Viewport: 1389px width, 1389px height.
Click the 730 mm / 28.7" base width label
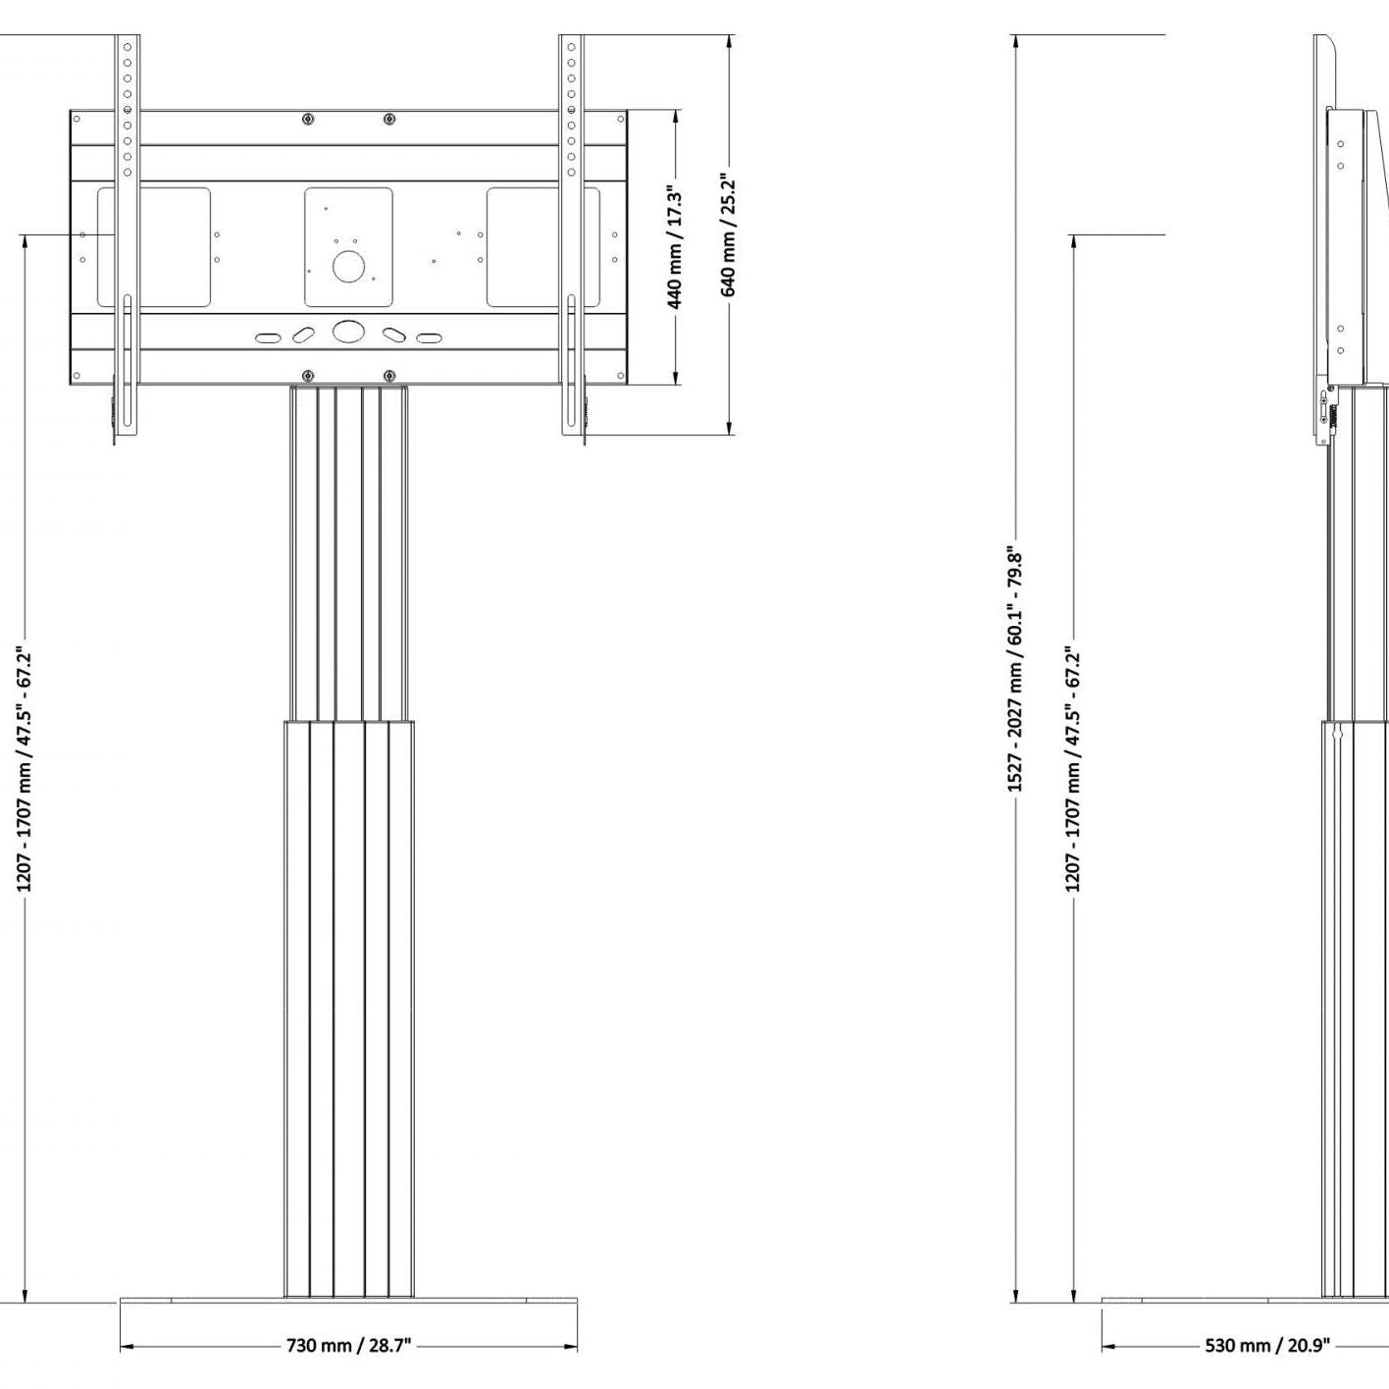tap(348, 1345)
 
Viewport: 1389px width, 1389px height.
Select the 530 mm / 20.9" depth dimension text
tap(1267, 1345)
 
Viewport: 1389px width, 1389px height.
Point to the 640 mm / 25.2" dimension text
tap(729, 234)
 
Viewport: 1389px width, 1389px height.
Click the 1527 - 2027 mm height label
tap(1015, 671)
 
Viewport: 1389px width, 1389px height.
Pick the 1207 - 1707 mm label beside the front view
tap(26, 769)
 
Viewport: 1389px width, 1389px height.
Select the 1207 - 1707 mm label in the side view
tap(1073, 769)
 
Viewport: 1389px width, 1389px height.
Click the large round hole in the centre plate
tap(348, 267)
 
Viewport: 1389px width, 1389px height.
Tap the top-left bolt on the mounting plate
tap(309, 120)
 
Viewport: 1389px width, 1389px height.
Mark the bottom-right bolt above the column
tap(389, 376)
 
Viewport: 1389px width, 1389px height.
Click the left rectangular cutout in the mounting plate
tap(154, 247)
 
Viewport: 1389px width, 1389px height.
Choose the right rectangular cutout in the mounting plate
tap(542, 247)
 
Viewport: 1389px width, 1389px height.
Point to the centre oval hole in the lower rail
tap(348, 331)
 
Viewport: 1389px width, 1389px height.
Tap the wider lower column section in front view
tap(348, 1010)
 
